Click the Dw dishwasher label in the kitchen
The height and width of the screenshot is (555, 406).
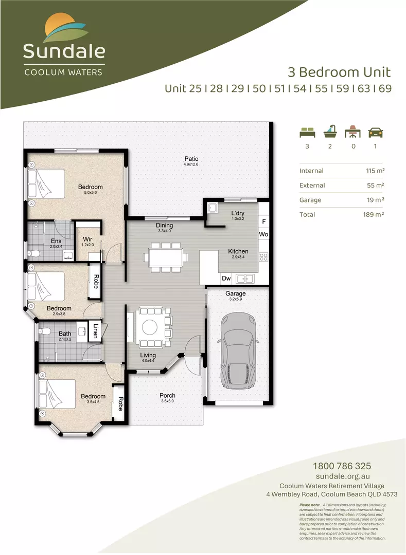(226, 279)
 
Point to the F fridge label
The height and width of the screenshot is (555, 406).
(263, 222)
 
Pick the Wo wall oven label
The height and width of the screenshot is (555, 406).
(263, 234)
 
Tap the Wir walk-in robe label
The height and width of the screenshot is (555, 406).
(87, 239)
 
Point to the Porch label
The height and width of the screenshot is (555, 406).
(167, 395)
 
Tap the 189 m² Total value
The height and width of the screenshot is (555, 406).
(374, 214)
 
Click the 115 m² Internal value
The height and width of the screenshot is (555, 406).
(374, 171)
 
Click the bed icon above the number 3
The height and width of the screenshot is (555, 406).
(307, 132)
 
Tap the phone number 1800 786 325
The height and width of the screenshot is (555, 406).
(342, 467)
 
